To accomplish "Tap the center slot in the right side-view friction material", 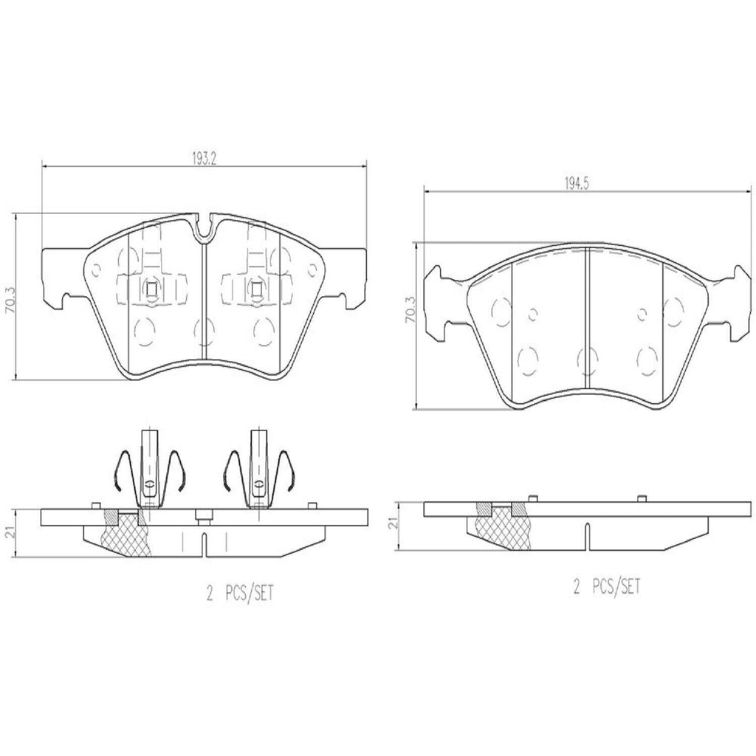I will pyautogui.click(x=586, y=535).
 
